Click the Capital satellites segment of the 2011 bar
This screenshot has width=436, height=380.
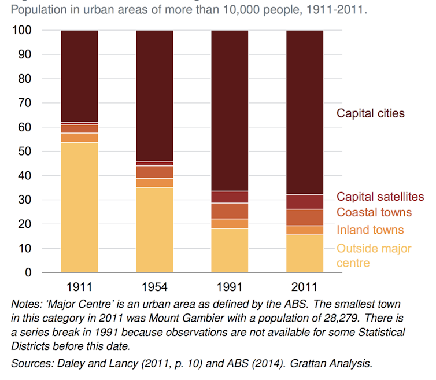305,201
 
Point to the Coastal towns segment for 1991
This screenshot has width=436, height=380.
230,211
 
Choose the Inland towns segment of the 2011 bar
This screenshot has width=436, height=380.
305,230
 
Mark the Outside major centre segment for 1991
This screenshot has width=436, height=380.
230,250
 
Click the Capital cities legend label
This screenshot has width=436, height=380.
371,113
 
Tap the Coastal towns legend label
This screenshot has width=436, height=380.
374,212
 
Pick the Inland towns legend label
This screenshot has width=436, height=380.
370,230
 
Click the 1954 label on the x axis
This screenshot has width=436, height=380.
154,286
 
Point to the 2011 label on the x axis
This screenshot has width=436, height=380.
305,286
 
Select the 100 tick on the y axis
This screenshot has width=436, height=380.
24,31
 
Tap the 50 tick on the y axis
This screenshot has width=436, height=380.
26,152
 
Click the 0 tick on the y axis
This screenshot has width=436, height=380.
29,272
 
